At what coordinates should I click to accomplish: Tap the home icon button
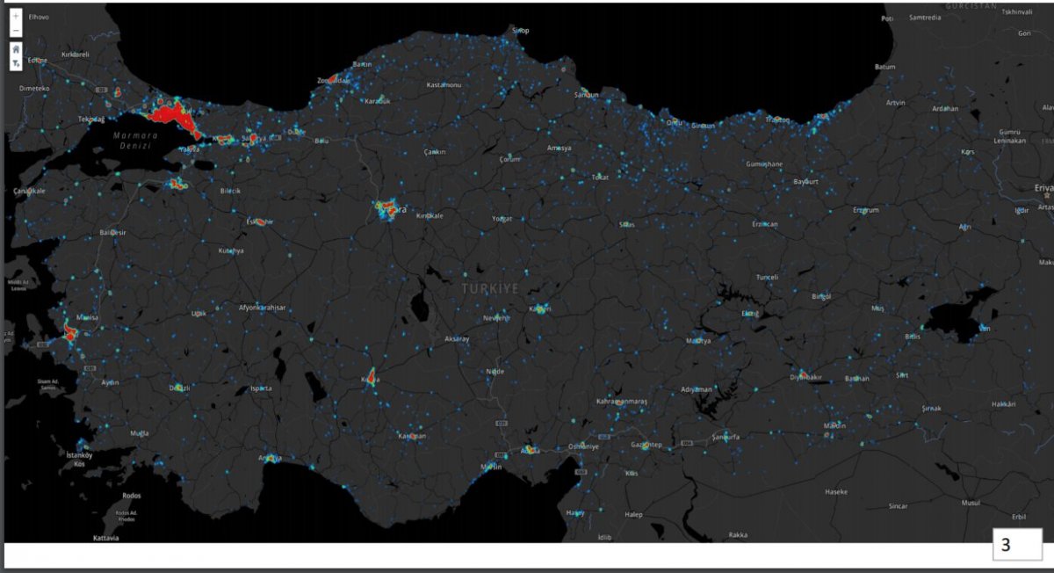(x=16, y=49)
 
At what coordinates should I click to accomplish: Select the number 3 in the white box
(x=1006, y=545)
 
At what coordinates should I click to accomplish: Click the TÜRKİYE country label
(x=491, y=288)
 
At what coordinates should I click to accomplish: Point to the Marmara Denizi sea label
(x=134, y=141)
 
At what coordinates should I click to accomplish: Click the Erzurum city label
(x=865, y=210)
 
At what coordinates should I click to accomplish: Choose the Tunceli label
(x=767, y=277)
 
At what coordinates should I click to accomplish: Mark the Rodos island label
(x=132, y=495)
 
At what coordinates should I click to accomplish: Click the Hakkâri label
(x=1003, y=404)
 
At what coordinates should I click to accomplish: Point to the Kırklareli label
(x=76, y=54)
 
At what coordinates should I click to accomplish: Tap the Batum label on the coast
(x=884, y=67)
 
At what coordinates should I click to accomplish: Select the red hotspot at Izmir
(x=71, y=333)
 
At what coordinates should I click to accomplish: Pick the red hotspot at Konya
(x=371, y=378)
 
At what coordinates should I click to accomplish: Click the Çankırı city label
(x=435, y=152)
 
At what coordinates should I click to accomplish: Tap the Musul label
(x=971, y=503)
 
